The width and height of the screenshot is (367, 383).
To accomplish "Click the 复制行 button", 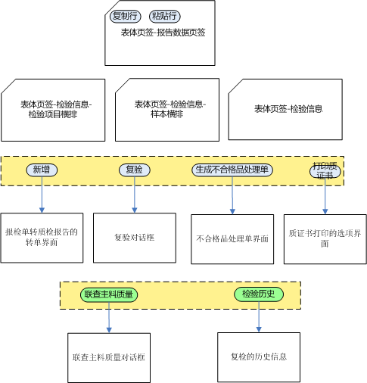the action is point(126,17).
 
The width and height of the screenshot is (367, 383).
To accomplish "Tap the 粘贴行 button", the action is point(165,17).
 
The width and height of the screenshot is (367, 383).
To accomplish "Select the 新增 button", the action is point(42,170).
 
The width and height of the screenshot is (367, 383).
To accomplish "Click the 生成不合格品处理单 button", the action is point(232,170).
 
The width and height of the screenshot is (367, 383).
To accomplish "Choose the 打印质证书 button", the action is point(325,171).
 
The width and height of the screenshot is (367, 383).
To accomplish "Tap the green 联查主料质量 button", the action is point(109,294).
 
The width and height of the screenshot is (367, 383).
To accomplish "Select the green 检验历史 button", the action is point(259,294).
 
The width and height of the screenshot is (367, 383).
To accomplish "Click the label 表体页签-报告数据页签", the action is point(163,33).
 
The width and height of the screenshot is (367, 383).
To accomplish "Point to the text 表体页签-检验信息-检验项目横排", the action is point(56,109).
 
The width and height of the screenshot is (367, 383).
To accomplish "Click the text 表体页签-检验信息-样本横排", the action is point(170,109).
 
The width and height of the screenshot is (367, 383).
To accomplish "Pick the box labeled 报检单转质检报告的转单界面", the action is point(42,238).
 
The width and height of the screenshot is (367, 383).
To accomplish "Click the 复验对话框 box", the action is point(135,238).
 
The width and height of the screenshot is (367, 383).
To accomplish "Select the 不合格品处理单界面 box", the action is point(232,239).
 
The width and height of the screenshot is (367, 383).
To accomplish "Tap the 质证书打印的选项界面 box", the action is point(325,239).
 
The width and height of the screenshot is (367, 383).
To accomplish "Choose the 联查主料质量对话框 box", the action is point(109,358).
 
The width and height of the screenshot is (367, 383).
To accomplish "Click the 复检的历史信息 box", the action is point(259,357).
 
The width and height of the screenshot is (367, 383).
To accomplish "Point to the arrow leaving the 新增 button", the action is point(42,195).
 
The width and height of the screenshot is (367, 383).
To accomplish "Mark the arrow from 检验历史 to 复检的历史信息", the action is point(259,317).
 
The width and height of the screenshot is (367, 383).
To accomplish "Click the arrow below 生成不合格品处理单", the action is point(232,195).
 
